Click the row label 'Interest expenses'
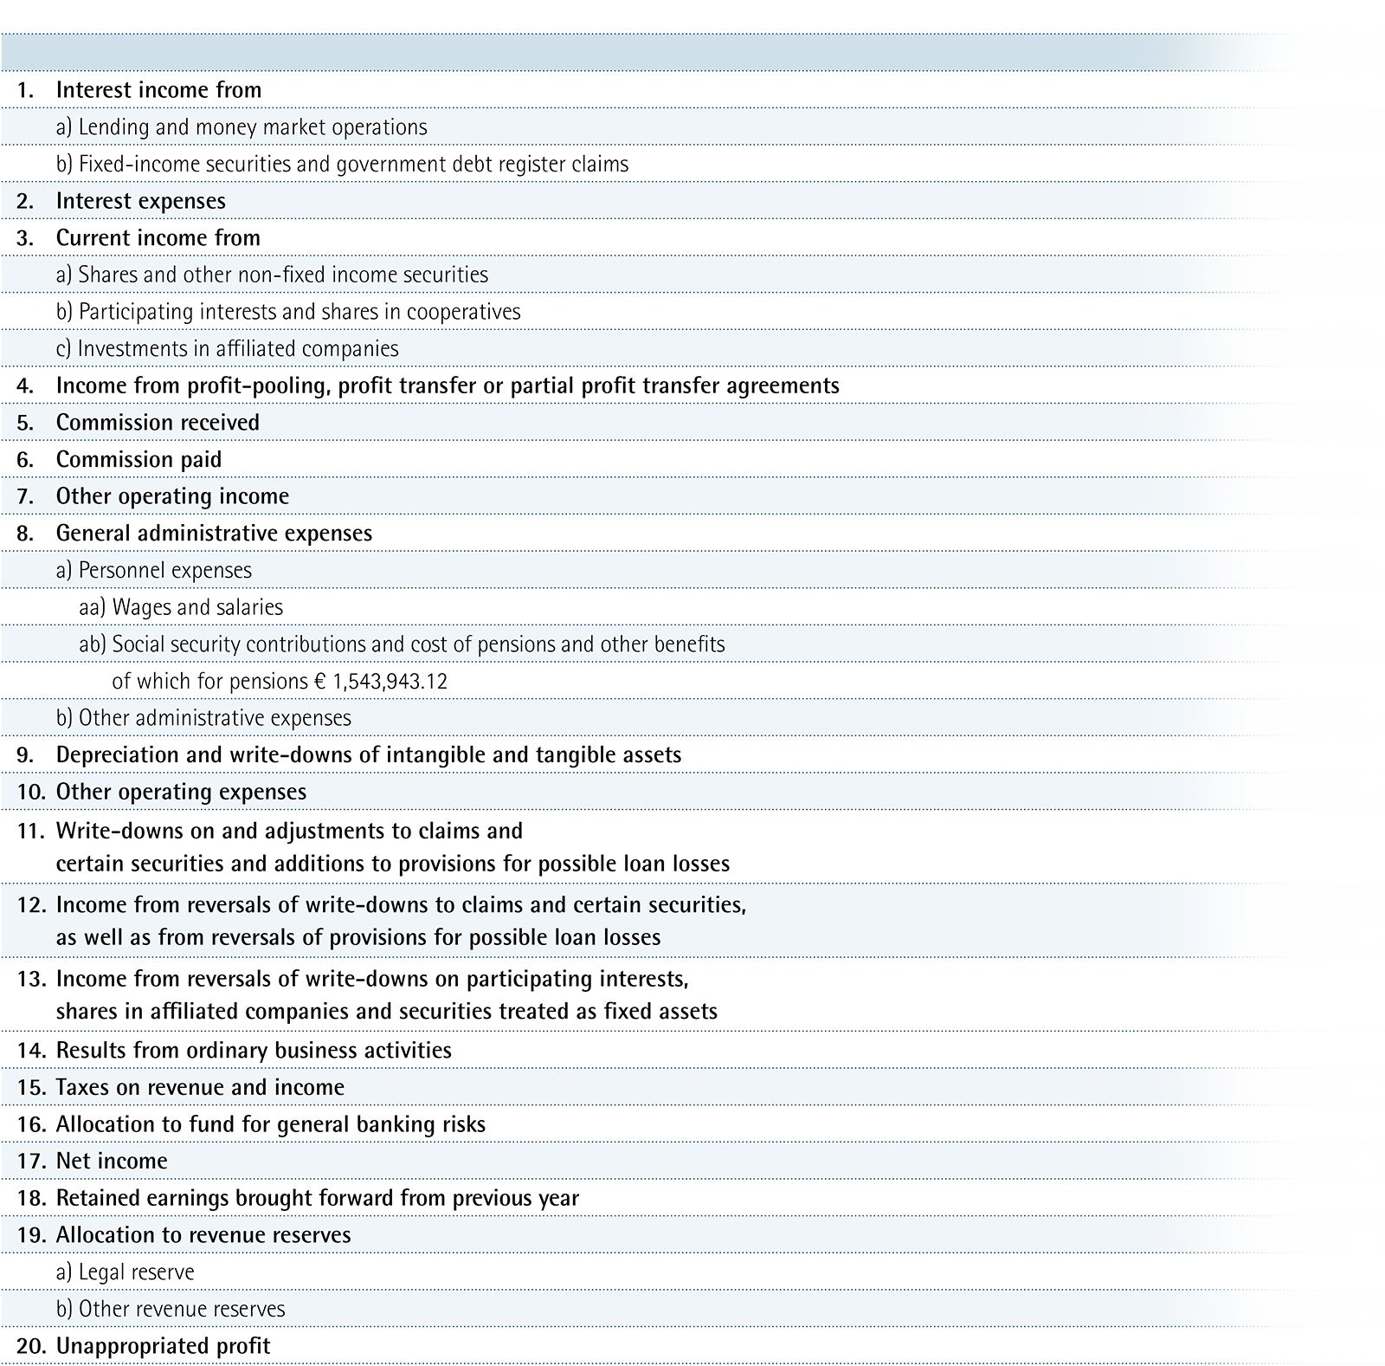pyautogui.click(x=140, y=201)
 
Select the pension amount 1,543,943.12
pyautogui.click(x=388, y=682)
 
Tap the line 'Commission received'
pyautogui.click(x=158, y=423)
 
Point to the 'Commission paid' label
pyautogui.click(x=138, y=459)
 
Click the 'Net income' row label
pyautogui.click(x=112, y=1161)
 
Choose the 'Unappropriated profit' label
pyautogui.click(x=163, y=1346)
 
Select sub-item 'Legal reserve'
pyautogui.click(x=126, y=1272)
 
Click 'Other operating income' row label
pyautogui.click(x=172, y=496)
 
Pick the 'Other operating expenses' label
pyautogui.click(x=181, y=792)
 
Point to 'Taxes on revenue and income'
pyautogui.click(x=200, y=1087)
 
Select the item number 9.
pyautogui.click(x=25, y=755)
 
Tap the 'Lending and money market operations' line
pyautogui.click(x=242, y=127)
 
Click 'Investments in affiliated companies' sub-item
pyautogui.click(x=228, y=349)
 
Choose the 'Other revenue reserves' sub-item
pyautogui.click(x=171, y=1309)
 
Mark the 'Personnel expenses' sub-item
pyautogui.click(x=154, y=571)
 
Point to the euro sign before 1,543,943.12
pyautogui.click(x=319, y=682)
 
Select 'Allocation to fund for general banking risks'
pyautogui.click(x=270, y=1124)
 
